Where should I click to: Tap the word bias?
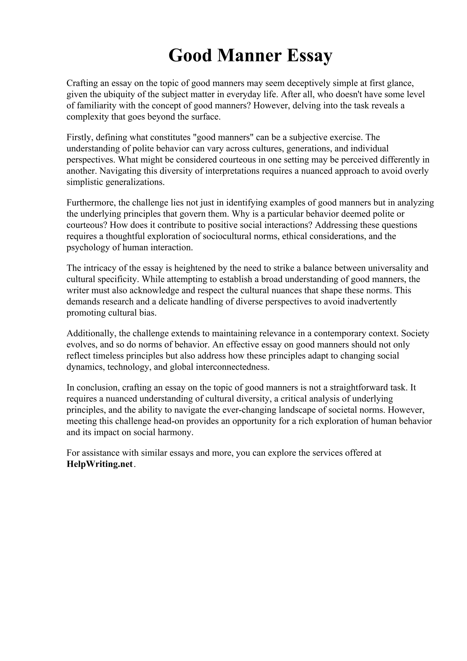(150, 313)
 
